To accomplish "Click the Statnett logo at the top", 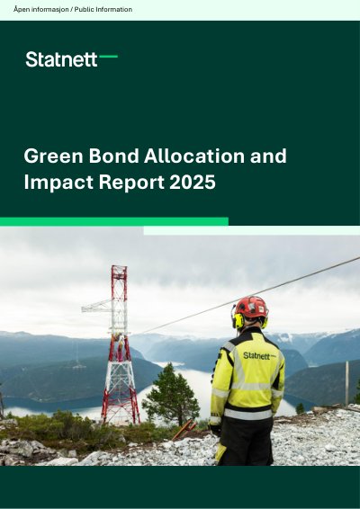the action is pos(71,59).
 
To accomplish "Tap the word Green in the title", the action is pos(54,156).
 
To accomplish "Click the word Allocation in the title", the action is pos(194,156).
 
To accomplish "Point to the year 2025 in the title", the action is pos(193,182).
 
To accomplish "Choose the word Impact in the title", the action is pos(58,183).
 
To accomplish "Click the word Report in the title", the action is pos(131,183).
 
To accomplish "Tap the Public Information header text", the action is pos(103,9).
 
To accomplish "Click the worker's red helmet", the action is pos(251,307).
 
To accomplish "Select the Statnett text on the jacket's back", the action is pos(256,356).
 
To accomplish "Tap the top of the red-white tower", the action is pos(119,268).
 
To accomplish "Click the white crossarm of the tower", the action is pos(97,307).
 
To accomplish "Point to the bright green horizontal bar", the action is pos(114,221).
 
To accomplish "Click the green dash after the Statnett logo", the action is pos(109,57).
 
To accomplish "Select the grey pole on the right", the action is pos(347,383).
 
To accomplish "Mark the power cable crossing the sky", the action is pos(247,295).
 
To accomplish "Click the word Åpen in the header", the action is pos(22,9).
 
